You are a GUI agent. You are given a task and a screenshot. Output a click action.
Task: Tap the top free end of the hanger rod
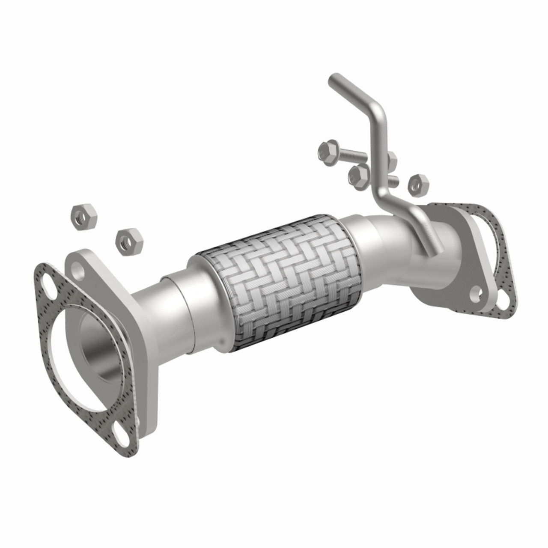coord(333,79)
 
